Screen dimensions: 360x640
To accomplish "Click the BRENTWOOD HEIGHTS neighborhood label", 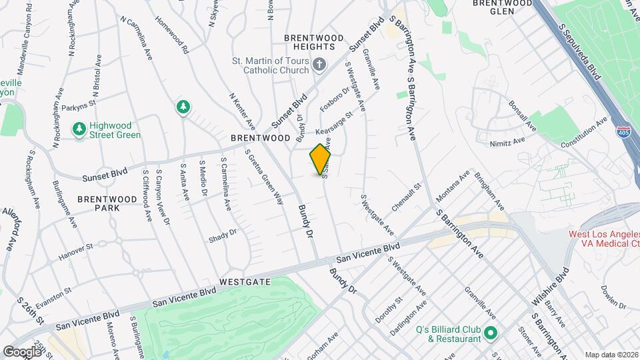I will point(309,43).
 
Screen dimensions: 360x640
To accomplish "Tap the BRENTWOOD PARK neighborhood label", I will point(98,203).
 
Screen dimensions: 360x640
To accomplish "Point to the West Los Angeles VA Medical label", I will point(603,239).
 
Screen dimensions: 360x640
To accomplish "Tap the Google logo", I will point(22,351).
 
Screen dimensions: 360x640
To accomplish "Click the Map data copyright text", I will point(611,354).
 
